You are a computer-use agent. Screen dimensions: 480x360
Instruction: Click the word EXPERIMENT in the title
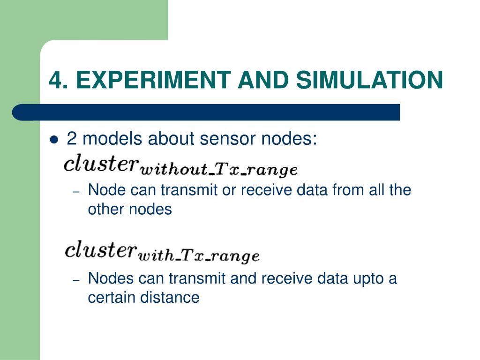pyautogui.click(x=153, y=80)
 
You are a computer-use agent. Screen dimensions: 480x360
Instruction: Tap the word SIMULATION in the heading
pyautogui.click(x=369, y=80)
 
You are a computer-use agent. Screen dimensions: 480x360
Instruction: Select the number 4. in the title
pyautogui.click(x=59, y=80)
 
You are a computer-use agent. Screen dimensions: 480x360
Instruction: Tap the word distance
pyautogui.click(x=170, y=297)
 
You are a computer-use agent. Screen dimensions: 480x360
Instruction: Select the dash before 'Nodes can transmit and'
pyautogui.click(x=77, y=280)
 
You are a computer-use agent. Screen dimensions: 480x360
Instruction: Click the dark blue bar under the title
pyautogui.click(x=206, y=112)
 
